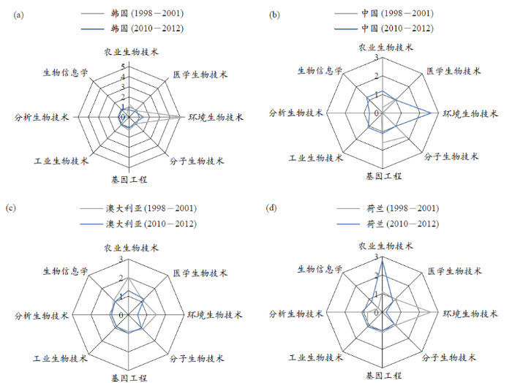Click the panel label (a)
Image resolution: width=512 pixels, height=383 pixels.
[x=18, y=15]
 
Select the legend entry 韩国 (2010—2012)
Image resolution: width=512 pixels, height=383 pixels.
[x=132, y=29]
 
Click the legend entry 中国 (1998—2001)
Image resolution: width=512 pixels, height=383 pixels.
[x=384, y=13]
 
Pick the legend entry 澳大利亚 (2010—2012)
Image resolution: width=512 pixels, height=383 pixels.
[x=138, y=224]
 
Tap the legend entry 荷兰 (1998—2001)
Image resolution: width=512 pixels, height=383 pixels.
[x=388, y=208]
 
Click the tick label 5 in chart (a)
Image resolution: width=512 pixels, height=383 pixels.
[x=123, y=67]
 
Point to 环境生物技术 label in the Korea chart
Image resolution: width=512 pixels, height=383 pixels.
[x=216, y=117]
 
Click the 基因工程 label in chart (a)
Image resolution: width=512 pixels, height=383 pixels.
[x=129, y=179]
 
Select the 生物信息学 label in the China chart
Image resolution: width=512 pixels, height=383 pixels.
[x=320, y=70]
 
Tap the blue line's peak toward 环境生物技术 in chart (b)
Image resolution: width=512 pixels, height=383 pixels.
[x=431, y=113]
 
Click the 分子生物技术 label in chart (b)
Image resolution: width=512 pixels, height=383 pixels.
[x=451, y=156]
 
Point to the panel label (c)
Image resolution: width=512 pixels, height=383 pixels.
[x=11, y=208]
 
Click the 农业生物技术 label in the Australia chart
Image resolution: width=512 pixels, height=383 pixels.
[x=131, y=248]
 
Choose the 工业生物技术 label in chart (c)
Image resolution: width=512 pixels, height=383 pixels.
[x=61, y=359]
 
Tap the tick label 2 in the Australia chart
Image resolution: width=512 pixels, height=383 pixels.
[x=121, y=278]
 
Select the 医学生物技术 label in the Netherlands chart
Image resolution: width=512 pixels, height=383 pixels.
[x=455, y=271]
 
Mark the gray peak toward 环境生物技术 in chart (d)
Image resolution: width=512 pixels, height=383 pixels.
[x=430, y=312]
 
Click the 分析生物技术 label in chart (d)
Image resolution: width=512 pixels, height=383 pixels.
[x=295, y=314]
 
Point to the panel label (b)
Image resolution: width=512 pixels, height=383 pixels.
[x=274, y=15]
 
